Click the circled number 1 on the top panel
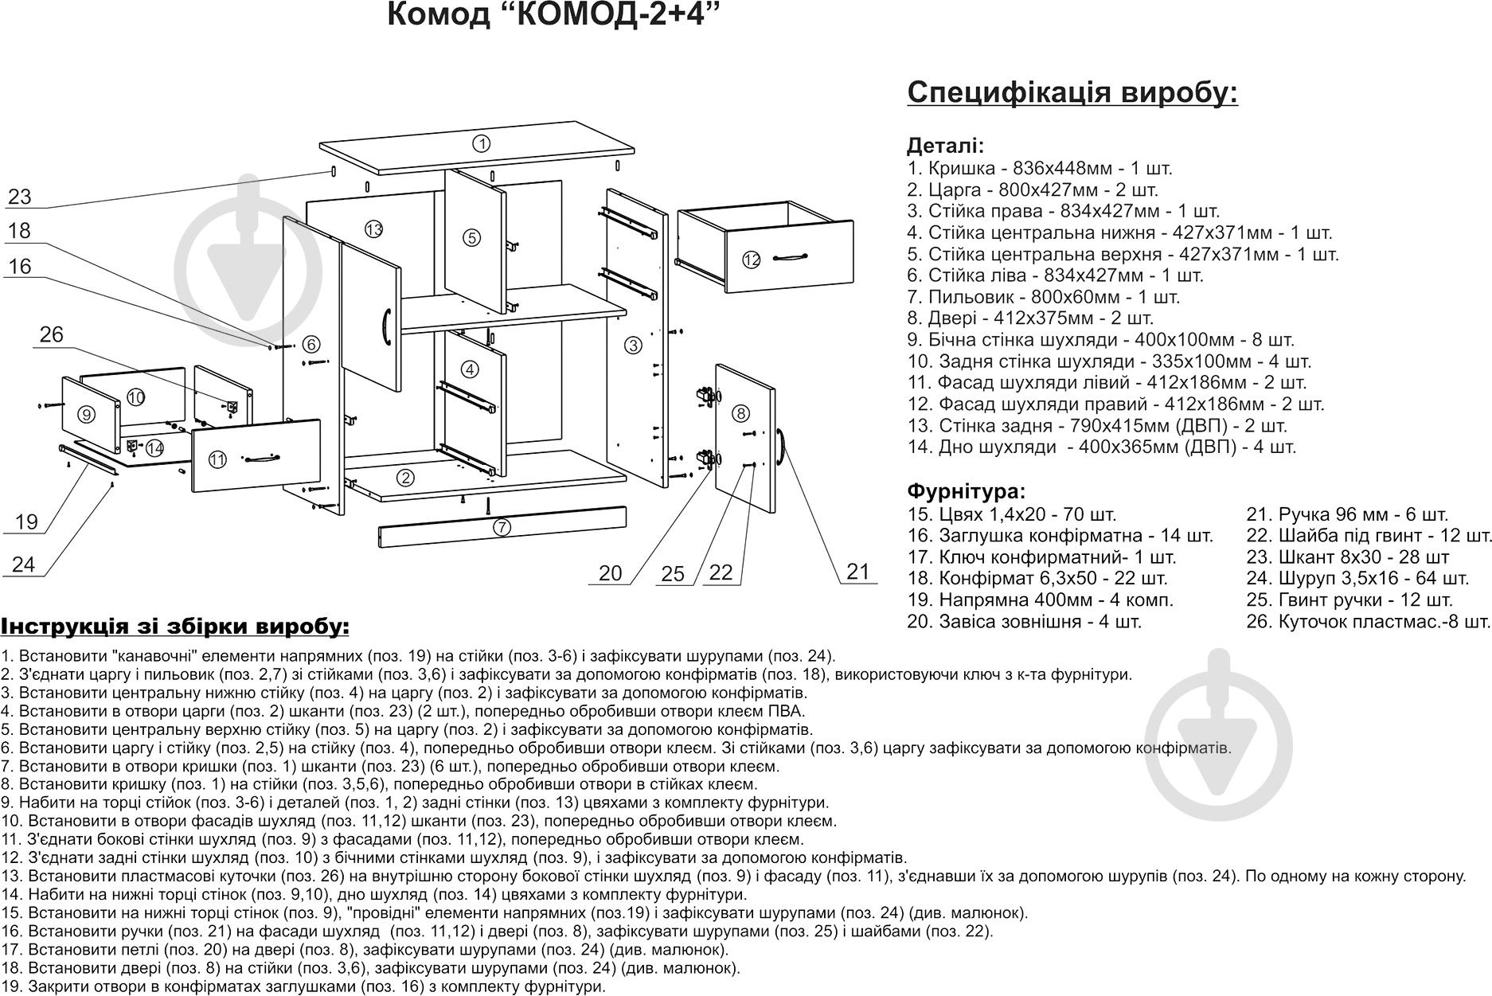[x=481, y=144]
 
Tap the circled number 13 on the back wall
[x=374, y=229]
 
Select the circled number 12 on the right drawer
[x=752, y=260]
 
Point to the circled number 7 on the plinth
[x=502, y=527]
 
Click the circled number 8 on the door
[x=740, y=413]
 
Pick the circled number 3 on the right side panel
[x=633, y=346]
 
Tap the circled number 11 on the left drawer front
[x=217, y=459]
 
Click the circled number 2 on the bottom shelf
[x=406, y=478]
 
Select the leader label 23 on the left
[x=19, y=196]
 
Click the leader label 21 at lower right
[x=858, y=571]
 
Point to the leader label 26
[x=51, y=334]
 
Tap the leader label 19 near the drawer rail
[x=26, y=521]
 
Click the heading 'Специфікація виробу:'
[x=1072, y=92]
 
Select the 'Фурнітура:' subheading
[x=966, y=490]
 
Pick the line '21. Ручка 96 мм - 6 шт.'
[x=1347, y=514]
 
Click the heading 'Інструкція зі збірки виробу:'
[x=175, y=626]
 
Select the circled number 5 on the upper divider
[x=471, y=237]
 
